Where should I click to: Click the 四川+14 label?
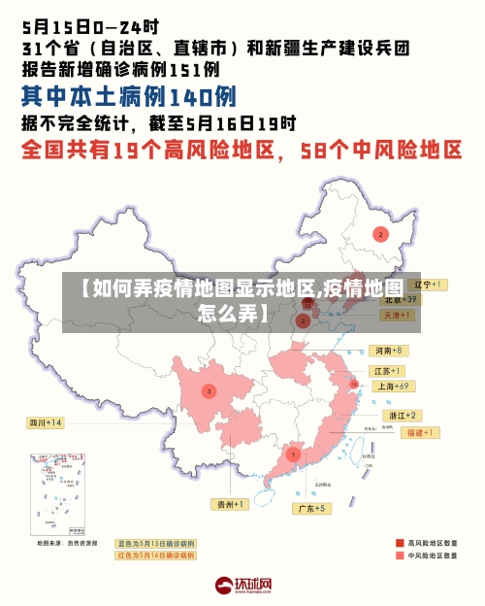[x=45, y=422]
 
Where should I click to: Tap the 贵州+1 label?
[x=231, y=504]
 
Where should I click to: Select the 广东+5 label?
[x=313, y=508]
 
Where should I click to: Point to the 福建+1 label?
[x=423, y=431]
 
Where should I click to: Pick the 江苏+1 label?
[x=388, y=371]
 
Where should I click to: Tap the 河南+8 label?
[x=387, y=350]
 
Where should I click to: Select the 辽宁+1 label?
[x=427, y=285]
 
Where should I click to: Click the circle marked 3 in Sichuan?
[x=208, y=390]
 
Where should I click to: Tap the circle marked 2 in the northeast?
[x=381, y=234]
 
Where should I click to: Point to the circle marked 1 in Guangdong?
[x=293, y=454]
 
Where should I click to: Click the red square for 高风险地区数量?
[x=400, y=543]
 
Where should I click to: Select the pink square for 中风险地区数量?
[x=400, y=556]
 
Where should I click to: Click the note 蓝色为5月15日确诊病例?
[x=155, y=544]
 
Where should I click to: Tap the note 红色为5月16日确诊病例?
[x=155, y=555]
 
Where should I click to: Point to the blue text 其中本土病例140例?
[x=129, y=97]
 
